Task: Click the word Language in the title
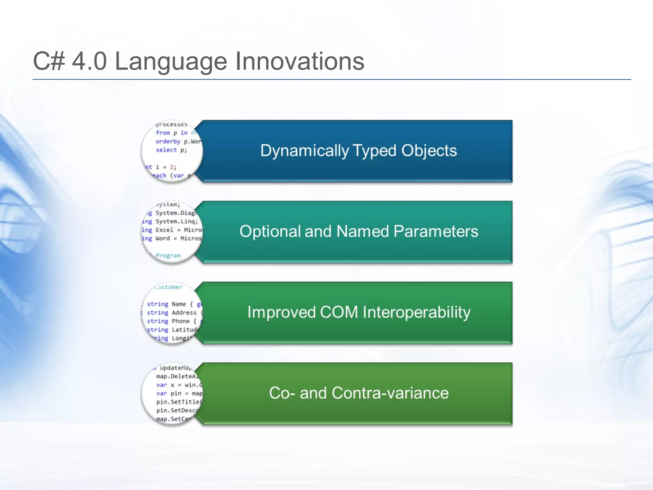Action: [x=171, y=62]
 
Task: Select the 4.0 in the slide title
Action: [x=89, y=62]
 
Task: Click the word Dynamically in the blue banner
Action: [x=304, y=151]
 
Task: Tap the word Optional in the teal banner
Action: [x=270, y=231]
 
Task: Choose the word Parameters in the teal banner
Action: [x=436, y=231]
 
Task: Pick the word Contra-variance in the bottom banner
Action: [x=390, y=393]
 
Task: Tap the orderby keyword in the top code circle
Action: [x=168, y=141]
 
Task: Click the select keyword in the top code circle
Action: [x=166, y=150]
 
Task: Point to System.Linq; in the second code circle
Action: [x=177, y=221]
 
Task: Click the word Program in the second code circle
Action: [x=168, y=256]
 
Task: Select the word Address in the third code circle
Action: [x=184, y=313]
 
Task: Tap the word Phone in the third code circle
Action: [x=180, y=321]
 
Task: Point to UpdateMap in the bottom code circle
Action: [x=175, y=368]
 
